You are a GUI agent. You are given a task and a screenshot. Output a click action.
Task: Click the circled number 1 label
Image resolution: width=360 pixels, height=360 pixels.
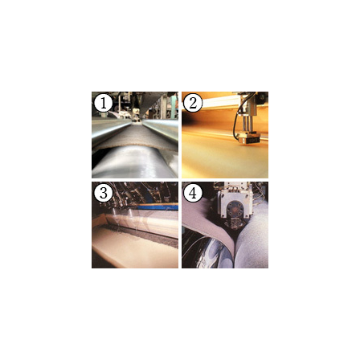104,103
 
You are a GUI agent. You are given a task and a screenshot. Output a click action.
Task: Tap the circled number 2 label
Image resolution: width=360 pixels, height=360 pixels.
193,103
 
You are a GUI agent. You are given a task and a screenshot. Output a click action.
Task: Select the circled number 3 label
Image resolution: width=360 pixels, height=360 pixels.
104,193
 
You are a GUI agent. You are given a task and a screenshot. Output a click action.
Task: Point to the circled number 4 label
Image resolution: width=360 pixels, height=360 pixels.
193,193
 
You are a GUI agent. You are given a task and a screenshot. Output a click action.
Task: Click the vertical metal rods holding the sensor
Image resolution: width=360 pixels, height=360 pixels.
248,124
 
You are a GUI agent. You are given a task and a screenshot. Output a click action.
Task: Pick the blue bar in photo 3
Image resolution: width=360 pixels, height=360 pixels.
158,207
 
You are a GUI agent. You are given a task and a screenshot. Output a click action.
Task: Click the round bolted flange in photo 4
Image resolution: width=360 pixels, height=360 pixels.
235,210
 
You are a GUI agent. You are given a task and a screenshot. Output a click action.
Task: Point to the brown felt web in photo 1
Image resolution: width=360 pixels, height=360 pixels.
137,138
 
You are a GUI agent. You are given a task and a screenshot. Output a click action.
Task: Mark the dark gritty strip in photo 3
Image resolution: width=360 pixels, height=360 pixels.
145,235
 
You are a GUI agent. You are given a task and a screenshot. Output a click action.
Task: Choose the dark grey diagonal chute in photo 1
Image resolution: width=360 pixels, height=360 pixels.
153,103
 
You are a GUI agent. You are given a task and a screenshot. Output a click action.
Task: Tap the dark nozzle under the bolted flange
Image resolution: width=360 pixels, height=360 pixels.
235,223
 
